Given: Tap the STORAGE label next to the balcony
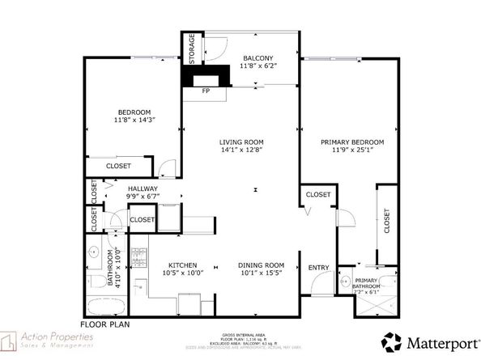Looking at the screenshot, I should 192,49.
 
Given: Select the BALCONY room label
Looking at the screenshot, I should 259,58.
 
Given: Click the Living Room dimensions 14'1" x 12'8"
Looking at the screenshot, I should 241,150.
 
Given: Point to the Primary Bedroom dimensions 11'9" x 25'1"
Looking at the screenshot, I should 351,150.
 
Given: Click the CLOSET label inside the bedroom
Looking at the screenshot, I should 120,166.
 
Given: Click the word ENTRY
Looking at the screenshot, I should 318,267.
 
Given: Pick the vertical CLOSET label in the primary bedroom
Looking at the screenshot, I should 386,218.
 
